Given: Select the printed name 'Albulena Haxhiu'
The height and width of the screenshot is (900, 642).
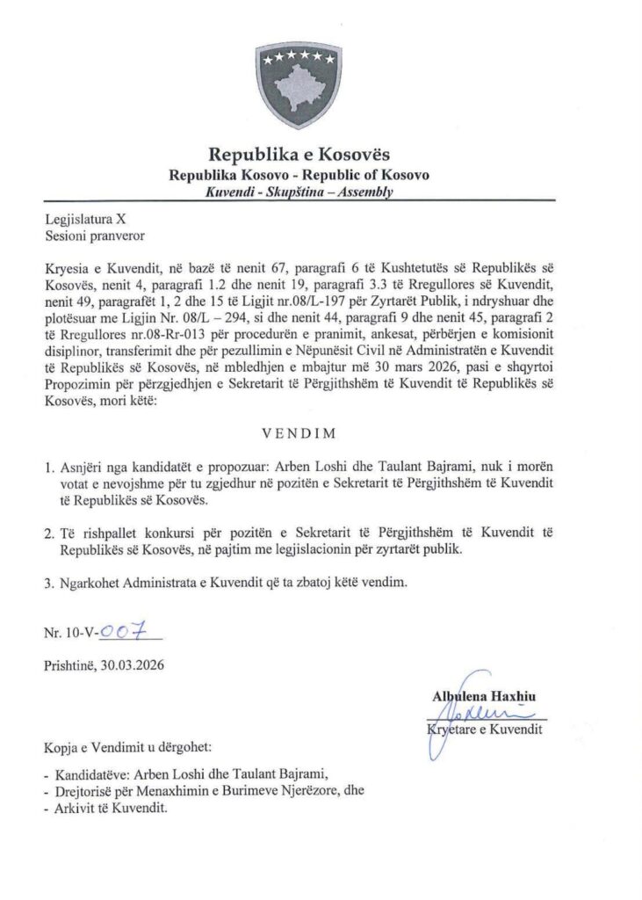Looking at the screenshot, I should pos(485,698).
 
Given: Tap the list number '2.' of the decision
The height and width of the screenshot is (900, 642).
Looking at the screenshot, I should pos(49,533).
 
